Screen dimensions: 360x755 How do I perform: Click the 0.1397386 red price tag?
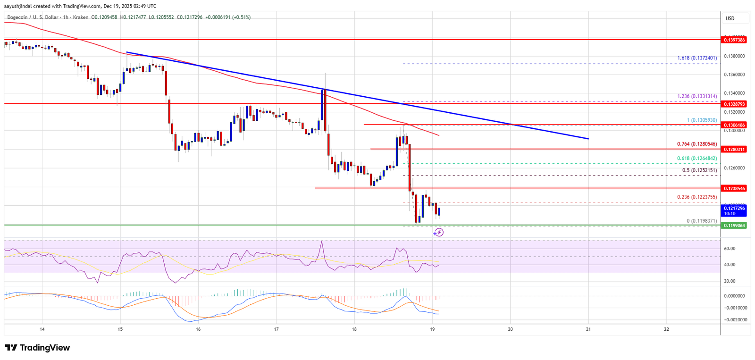click(735, 40)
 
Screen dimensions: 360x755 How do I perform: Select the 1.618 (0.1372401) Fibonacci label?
click(697, 58)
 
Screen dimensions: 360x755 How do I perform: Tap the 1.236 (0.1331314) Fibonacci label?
click(697, 96)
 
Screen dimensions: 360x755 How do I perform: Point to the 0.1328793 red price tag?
click(735, 104)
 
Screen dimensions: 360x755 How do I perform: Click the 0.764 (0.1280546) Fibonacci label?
click(697, 144)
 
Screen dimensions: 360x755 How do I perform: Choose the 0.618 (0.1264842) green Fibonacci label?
click(697, 159)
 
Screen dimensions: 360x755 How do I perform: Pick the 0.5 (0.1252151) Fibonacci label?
click(699, 170)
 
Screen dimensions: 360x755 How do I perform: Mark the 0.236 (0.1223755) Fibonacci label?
click(697, 197)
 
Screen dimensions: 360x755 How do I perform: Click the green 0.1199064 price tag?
click(735, 226)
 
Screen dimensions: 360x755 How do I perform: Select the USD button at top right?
click(730, 18)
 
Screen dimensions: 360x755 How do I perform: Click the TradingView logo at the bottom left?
click(37, 348)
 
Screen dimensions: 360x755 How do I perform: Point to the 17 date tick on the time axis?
click(276, 329)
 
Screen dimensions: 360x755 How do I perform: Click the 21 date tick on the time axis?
click(588, 329)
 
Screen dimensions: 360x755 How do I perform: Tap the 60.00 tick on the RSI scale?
click(729, 249)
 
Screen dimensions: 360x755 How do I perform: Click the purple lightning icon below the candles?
click(439, 232)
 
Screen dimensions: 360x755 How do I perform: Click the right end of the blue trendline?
click(588, 139)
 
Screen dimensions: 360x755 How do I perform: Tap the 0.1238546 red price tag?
click(735, 188)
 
